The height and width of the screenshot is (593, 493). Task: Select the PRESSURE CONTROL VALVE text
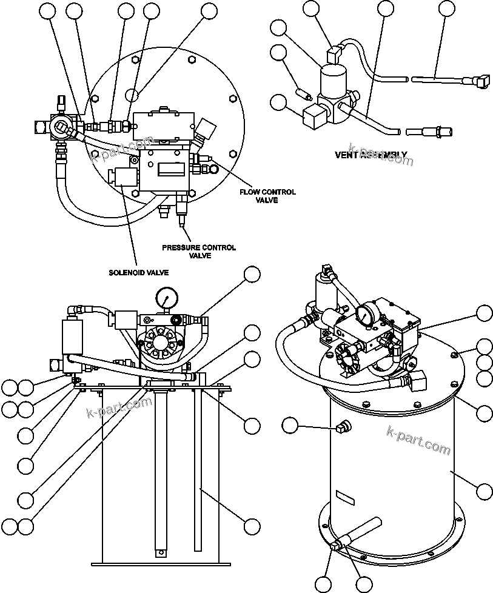pos(198,252)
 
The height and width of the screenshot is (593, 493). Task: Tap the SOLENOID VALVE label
pos(139,273)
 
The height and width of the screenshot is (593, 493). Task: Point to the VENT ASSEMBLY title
pos(371,155)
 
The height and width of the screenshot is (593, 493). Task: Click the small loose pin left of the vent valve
pos(303,95)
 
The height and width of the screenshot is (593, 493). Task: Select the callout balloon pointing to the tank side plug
pos(291,426)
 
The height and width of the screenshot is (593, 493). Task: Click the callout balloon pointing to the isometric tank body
pos(484,490)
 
